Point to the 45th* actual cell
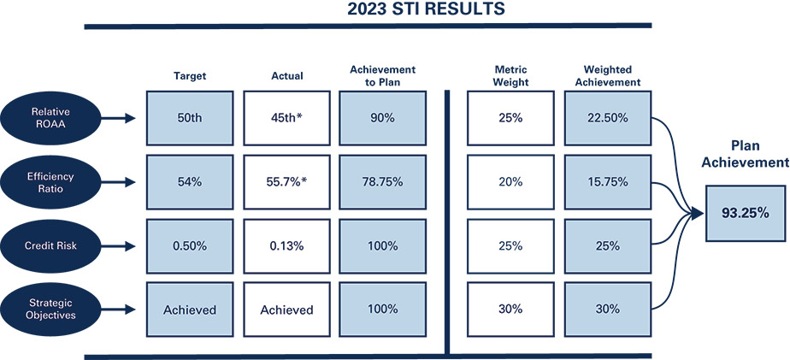point(287,117)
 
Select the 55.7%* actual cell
point(287,181)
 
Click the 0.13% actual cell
point(287,246)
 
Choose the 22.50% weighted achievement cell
point(609,117)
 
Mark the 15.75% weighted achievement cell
point(609,181)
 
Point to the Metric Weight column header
point(511,75)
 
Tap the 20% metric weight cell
point(511,181)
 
